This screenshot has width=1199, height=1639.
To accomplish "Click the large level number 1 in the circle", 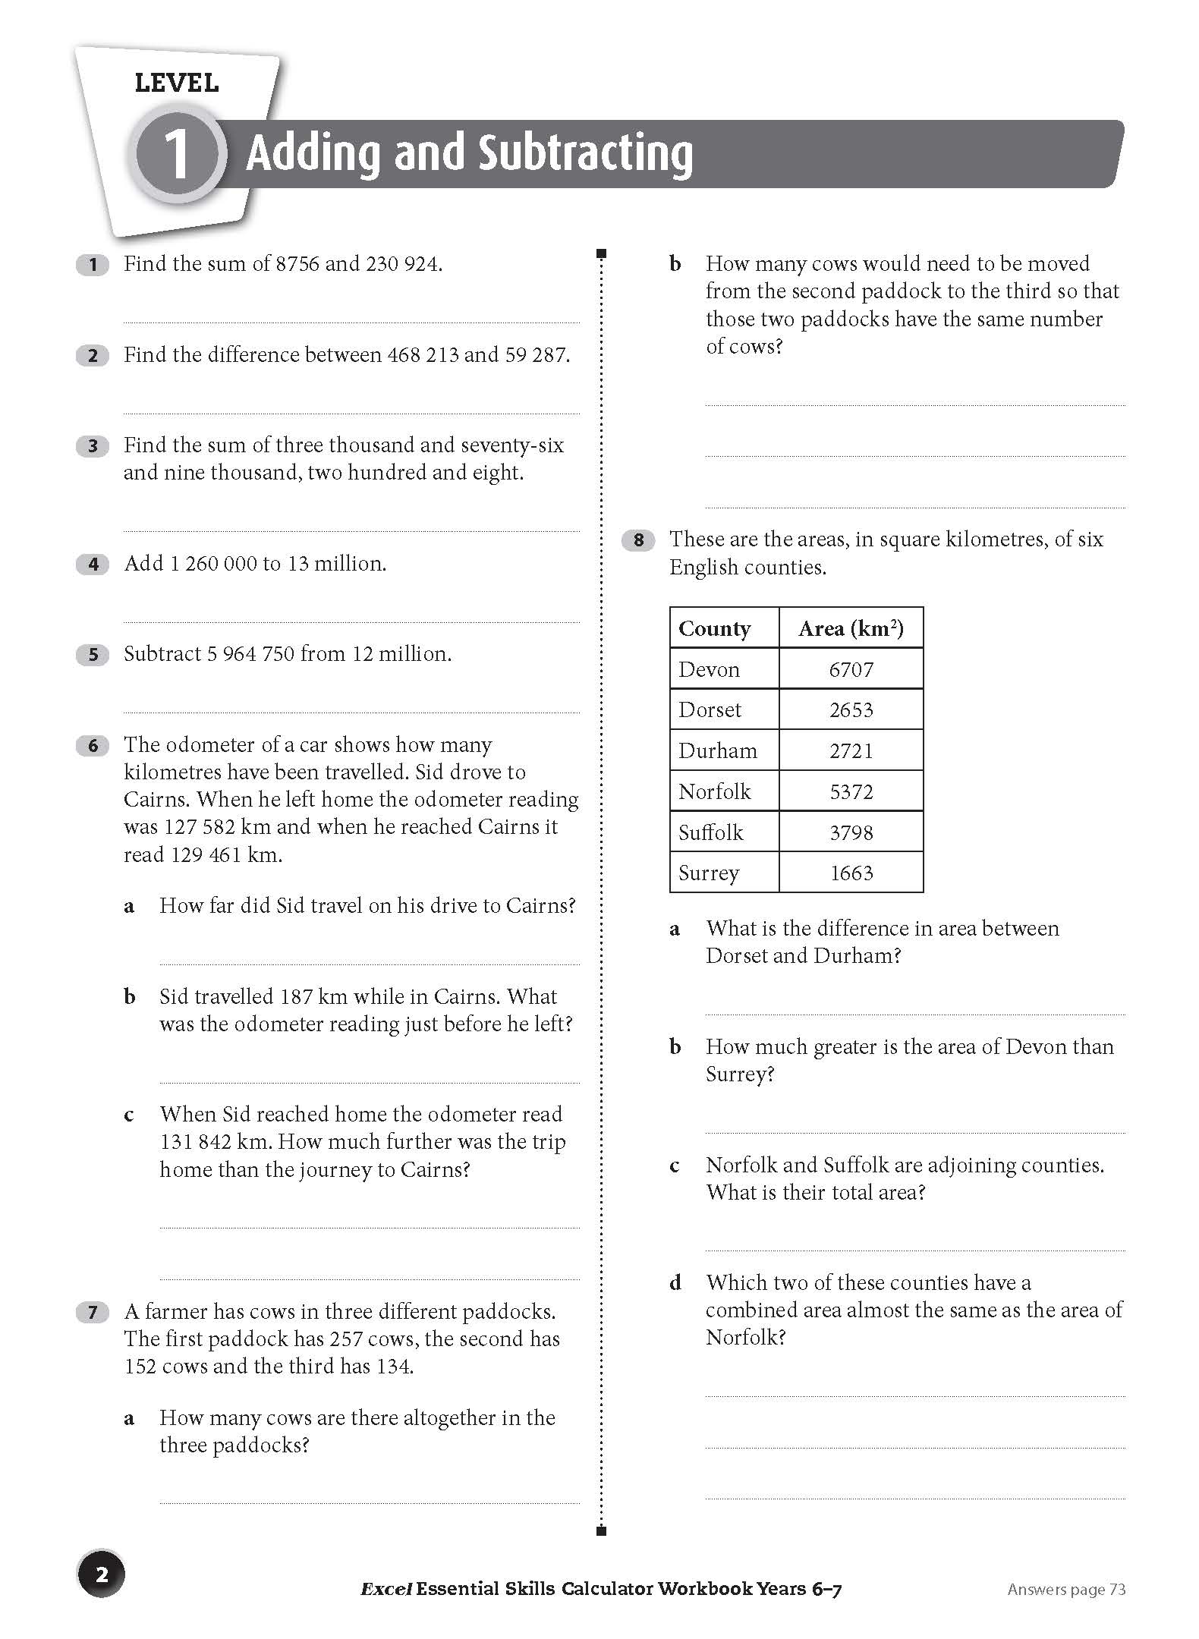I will (x=177, y=154).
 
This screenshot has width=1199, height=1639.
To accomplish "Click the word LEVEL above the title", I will (x=177, y=83).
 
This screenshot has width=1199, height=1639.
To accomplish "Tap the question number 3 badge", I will (x=93, y=445).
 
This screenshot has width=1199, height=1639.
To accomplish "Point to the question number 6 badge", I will (x=93, y=745).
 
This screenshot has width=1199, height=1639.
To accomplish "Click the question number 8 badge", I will (x=638, y=540).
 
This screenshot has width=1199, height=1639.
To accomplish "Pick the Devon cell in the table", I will (x=710, y=669).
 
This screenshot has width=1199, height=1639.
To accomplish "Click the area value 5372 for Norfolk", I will (x=851, y=791).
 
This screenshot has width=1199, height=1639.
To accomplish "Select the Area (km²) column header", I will (x=851, y=628).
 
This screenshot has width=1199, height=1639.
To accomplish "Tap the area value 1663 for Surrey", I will (x=851, y=873).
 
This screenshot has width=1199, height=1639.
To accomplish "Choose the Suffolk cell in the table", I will (x=711, y=832).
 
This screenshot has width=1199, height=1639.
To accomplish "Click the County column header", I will (x=715, y=628).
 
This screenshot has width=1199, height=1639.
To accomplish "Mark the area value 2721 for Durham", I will (x=851, y=750).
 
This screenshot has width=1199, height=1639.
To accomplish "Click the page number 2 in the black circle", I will (x=102, y=1575).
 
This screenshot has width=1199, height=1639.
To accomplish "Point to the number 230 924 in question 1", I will (x=402, y=264).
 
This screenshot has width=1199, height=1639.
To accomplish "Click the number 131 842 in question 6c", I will (x=194, y=1142).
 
